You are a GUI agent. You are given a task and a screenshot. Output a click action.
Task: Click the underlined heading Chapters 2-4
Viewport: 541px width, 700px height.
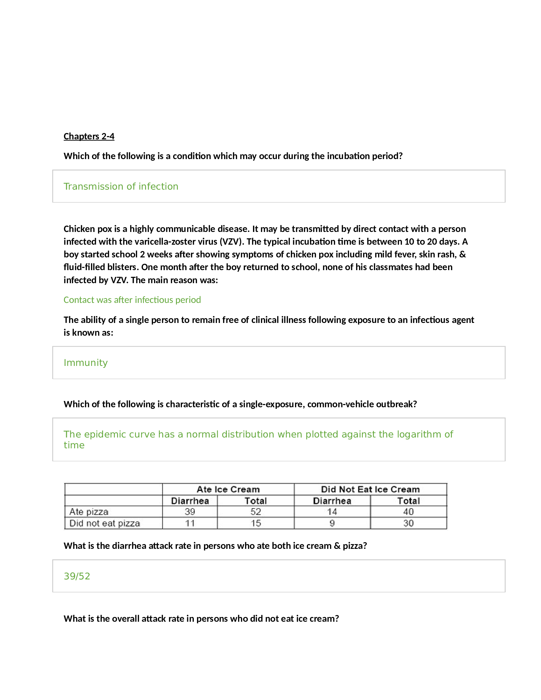pyautogui.click(x=89, y=136)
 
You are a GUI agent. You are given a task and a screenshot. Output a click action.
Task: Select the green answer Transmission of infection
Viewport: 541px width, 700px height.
pyautogui.click(x=121, y=186)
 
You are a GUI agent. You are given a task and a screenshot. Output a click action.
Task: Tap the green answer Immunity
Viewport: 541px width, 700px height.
pyautogui.click(x=86, y=362)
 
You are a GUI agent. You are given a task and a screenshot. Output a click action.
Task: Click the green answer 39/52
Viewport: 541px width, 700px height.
pyautogui.click(x=77, y=576)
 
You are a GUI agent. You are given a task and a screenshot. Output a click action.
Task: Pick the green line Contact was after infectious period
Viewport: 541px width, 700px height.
pyautogui.click(x=132, y=300)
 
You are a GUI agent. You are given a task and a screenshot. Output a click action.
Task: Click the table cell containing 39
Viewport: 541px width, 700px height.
pyautogui.click(x=190, y=512)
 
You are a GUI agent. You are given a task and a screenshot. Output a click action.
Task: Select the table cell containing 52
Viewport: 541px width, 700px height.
pyautogui.click(x=256, y=512)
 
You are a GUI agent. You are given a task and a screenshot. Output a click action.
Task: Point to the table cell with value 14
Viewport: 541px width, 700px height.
pyautogui.click(x=332, y=512)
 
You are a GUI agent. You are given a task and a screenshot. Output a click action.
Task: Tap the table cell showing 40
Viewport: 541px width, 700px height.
pyautogui.click(x=408, y=512)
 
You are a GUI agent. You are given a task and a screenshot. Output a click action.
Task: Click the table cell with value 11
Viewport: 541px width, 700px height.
pyautogui.click(x=190, y=523)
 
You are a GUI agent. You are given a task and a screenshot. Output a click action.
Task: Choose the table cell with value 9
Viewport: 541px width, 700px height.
pyautogui.click(x=332, y=523)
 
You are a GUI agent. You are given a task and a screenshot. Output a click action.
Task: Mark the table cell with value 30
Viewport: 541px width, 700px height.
pyautogui.click(x=408, y=523)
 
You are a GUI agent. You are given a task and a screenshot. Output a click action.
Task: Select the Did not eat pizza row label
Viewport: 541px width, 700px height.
pyautogui.click(x=105, y=523)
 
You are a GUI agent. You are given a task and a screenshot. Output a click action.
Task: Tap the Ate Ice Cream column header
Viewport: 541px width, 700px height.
pyautogui.click(x=228, y=489)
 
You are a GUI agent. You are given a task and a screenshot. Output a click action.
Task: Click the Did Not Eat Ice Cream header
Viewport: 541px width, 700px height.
pyautogui.click(x=370, y=489)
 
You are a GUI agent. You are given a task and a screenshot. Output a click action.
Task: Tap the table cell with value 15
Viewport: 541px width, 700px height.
pyautogui.click(x=256, y=523)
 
